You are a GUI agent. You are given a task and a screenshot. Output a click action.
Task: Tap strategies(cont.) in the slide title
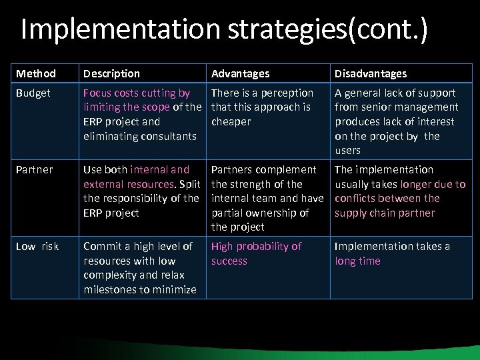[325, 30]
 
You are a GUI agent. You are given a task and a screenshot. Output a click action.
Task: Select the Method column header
[36, 73]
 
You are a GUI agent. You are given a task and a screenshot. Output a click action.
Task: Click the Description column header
[111, 73]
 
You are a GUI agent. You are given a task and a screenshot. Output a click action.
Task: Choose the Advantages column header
[240, 73]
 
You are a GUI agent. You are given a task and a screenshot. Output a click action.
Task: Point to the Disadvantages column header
[370, 73]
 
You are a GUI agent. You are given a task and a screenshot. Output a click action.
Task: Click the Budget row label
[33, 93]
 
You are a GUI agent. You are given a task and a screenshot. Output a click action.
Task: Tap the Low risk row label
[37, 247]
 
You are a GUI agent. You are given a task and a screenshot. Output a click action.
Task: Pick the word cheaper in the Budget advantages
[231, 122]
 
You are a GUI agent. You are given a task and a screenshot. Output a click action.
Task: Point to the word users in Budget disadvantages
[347, 151]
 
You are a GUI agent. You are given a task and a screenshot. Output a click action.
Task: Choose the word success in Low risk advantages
[229, 261]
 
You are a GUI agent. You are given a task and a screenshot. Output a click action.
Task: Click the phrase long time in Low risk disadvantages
[357, 261]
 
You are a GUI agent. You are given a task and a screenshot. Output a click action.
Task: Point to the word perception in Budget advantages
[287, 93]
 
